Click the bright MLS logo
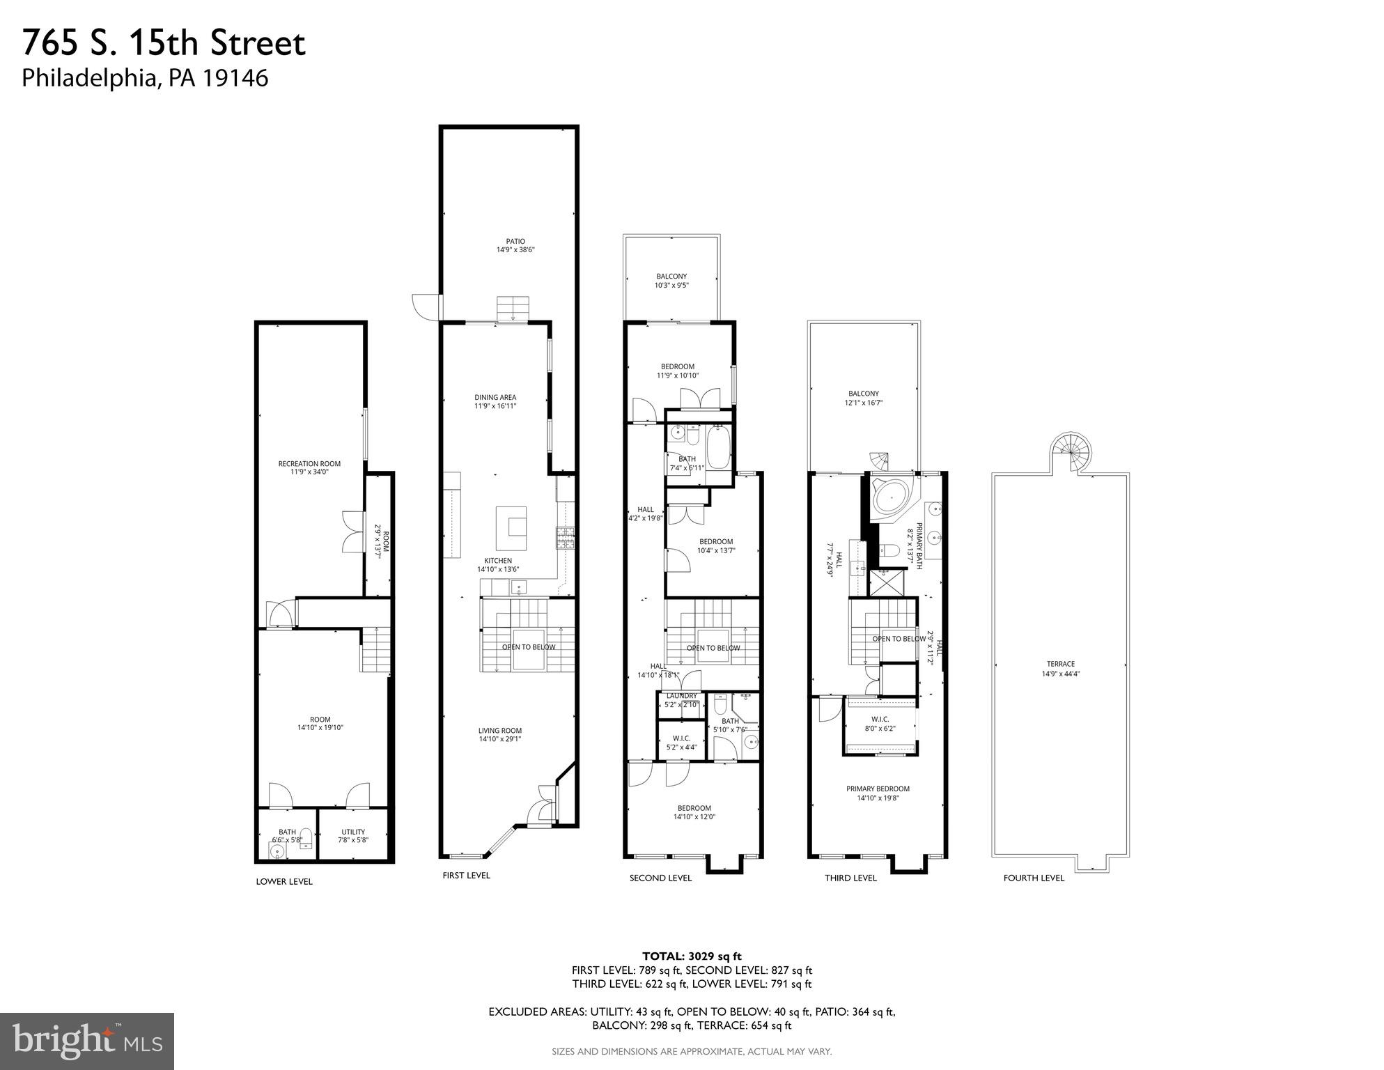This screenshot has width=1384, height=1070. (x=87, y=1040)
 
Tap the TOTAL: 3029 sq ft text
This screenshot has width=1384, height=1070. (x=692, y=956)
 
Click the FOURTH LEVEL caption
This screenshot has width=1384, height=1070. (x=1034, y=878)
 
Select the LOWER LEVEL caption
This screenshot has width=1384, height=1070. (x=284, y=881)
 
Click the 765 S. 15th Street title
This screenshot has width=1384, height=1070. (x=164, y=43)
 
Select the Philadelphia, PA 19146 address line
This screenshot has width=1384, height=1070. (x=145, y=78)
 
